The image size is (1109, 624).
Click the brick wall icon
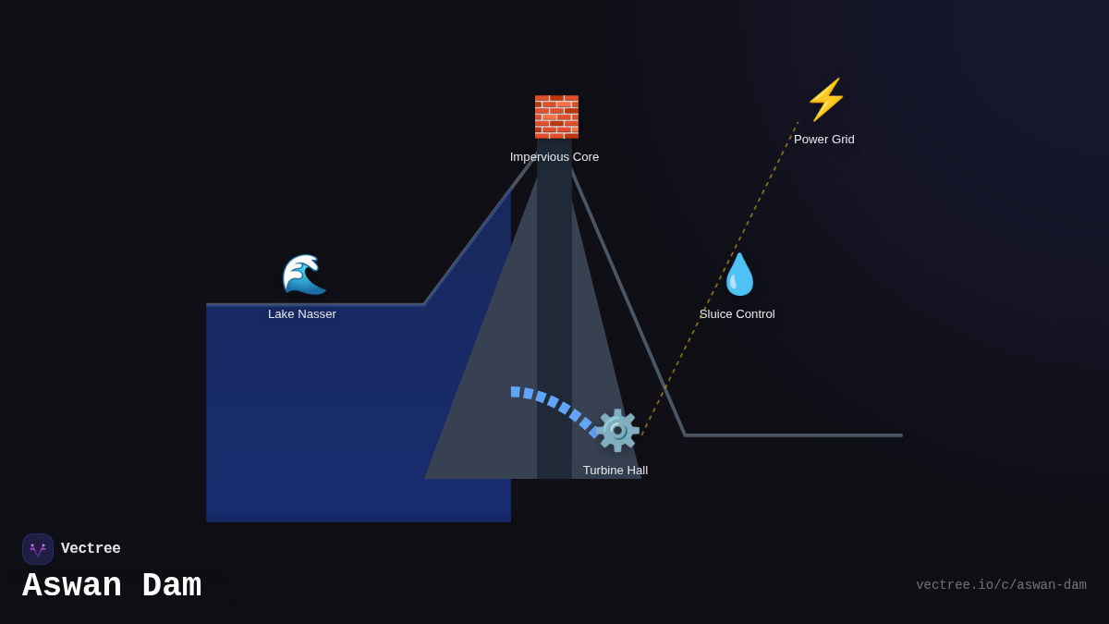556,116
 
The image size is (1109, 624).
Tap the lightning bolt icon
826,100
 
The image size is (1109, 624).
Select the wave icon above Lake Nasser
303,274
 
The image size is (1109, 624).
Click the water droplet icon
739,274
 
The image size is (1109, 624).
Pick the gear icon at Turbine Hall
617,431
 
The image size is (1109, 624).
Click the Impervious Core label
554,157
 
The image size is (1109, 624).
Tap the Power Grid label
824,140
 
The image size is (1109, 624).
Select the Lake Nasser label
302,314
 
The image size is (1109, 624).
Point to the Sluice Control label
737,314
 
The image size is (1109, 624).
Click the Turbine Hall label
615,471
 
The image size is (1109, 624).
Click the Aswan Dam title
112,586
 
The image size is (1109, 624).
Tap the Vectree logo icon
38,549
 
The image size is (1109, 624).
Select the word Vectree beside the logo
91,549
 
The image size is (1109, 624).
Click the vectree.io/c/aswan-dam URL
1001,585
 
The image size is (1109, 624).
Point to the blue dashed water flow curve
553,401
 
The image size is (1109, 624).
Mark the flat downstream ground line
795,435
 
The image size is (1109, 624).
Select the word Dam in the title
171,586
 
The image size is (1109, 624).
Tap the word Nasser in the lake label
317,314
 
